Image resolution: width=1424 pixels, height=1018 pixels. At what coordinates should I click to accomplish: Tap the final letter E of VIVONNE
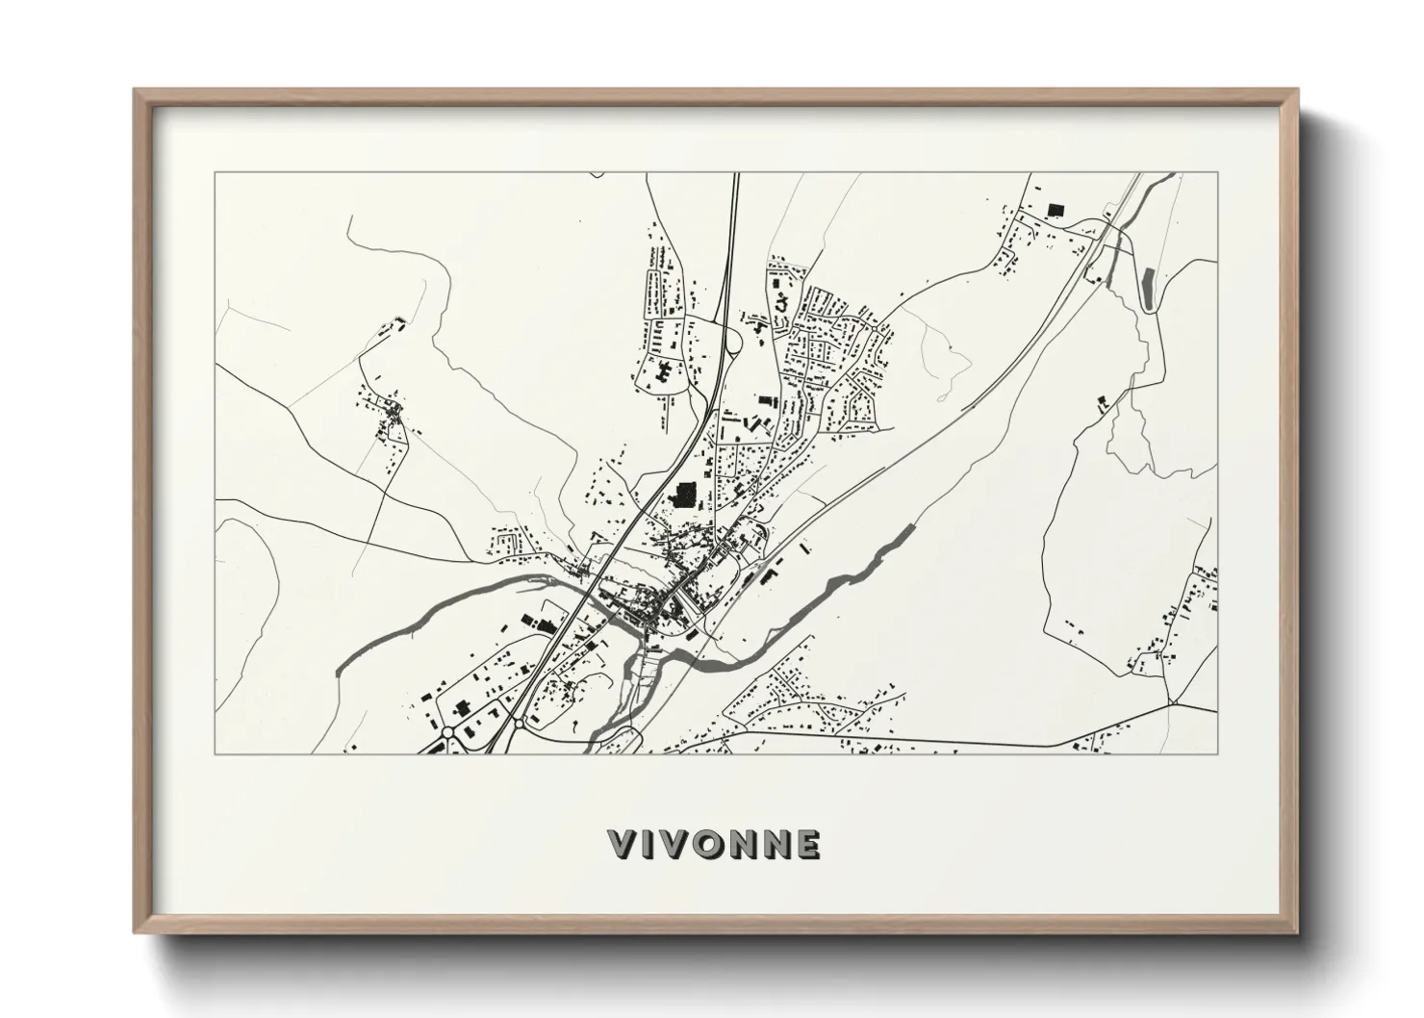[x=808, y=844]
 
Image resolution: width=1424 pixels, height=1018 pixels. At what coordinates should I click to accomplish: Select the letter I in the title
[x=651, y=844]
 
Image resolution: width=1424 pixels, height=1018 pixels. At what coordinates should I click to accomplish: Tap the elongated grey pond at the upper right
[x=1147, y=286]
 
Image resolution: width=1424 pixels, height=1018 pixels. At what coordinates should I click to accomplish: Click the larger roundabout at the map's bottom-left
[x=448, y=733]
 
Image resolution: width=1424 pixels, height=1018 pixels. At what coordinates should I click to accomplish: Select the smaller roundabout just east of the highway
[x=517, y=723]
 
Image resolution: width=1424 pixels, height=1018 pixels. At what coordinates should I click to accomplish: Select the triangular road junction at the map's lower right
[x=1173, y=703]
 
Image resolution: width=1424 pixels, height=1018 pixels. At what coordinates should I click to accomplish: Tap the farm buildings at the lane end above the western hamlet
[x=394, y=324]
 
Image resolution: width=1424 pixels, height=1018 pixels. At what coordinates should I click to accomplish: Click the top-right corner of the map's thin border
[x=1217, y=173]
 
